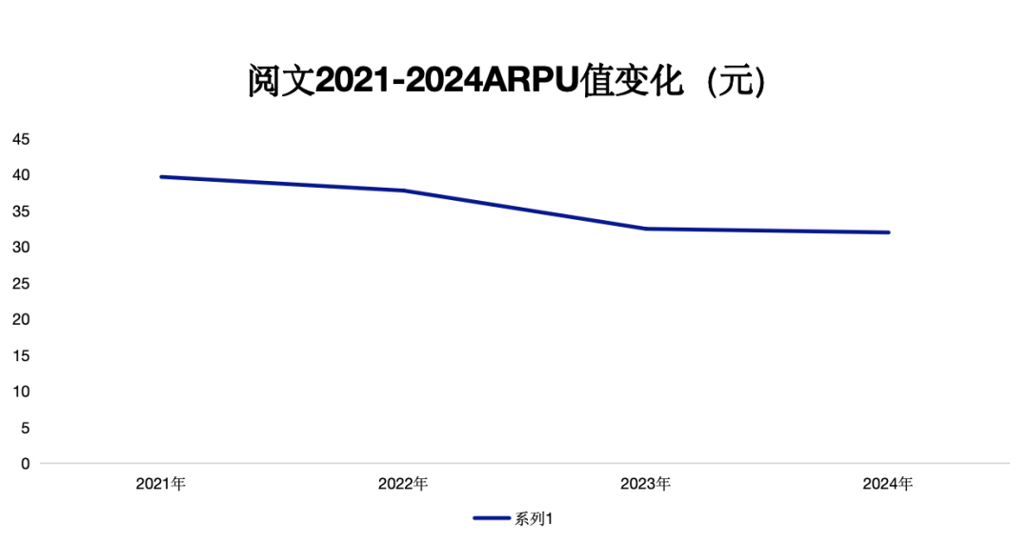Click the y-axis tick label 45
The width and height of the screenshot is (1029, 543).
pos(21,139)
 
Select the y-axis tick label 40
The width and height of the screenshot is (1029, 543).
pos(21,175)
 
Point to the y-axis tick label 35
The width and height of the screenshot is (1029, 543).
pos(21,211)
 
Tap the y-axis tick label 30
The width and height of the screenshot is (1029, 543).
pos(21,248)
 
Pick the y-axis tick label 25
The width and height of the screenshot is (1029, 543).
pos(21,284)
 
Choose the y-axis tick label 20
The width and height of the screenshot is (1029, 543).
pos(21,319)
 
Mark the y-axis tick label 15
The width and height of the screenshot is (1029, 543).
pos(21,355)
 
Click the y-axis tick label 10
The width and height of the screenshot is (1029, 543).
pos(21,392)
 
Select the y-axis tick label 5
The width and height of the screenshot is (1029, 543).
pos(25,428)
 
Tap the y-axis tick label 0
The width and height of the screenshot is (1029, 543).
pos(25,464)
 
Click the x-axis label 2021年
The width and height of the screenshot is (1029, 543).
pos(161,484)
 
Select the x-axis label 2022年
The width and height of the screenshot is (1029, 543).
pos(403,484)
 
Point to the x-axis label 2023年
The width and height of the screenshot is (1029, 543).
pos(645,484)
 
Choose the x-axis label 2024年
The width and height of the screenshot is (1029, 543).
pos(888,484)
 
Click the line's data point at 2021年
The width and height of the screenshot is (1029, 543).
pos(161,176)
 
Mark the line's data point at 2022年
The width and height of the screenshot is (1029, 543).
pos(403,191)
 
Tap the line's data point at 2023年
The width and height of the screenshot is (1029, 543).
pos(645,229)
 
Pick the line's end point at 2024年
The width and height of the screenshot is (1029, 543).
pos(888,232)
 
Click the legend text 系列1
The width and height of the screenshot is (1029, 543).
pos(535,519)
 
